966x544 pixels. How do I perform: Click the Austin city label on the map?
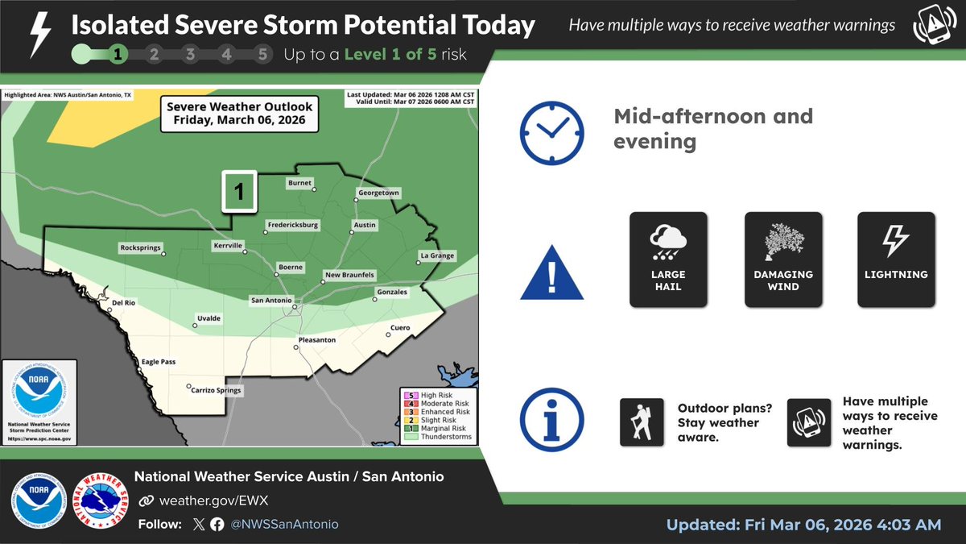click(365, 225)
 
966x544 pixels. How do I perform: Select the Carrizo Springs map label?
click(216, 391)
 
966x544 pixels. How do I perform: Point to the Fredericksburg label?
click(292, 224)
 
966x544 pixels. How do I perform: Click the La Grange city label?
click(438, 256)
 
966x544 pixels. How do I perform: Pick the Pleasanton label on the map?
click(316, 340)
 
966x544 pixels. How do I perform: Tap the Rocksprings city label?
click(141, 247)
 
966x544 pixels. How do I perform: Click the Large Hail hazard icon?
click(668, 259)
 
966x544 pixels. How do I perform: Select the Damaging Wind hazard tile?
click(783, 259)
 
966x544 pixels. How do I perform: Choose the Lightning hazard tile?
click(896, 259)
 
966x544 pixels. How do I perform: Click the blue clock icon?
click(551, 134)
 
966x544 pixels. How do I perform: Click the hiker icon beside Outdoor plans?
click(642, 422)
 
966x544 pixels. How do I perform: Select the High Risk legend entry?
click(437, 394)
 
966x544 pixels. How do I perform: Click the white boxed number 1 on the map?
click(238, 192)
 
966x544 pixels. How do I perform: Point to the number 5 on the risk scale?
click(262, 56)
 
